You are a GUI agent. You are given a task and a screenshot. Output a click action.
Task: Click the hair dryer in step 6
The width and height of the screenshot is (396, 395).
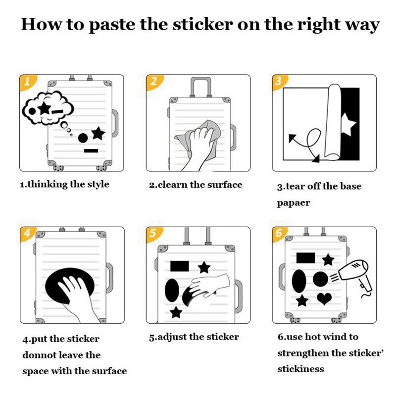click(355, 274)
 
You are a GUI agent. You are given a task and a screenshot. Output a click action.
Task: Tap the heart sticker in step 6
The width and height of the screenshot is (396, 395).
click(324, 298)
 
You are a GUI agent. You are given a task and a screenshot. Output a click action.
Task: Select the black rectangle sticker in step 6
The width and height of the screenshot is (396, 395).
click(305, 258)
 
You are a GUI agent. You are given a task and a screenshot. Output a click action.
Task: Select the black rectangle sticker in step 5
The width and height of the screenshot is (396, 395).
click(179, 266)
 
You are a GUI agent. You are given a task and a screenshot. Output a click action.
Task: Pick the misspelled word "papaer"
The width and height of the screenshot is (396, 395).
click(294, 203)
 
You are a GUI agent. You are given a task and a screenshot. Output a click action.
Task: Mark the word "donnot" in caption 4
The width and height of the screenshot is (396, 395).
click(40, 355)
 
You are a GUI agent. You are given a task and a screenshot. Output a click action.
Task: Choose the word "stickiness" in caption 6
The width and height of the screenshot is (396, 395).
click(300, 369)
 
